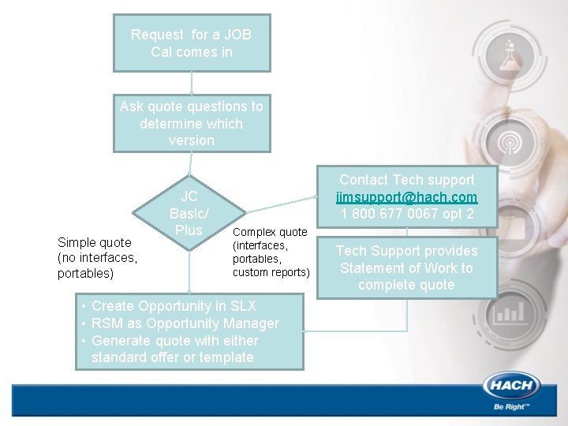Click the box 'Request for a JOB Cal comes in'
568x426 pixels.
click(x=192, y=43)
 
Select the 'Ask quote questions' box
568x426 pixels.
click(x=192, y=123)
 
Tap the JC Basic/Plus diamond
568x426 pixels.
click(x=189, y=213)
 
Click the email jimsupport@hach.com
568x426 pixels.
click(x=406, y=197)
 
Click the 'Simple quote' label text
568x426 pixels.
click(x=95, y=243)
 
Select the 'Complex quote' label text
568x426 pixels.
click(x=270, y=232)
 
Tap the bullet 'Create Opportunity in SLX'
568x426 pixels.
click(x=174, y=306)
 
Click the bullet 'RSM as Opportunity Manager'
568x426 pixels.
click(x=185, y=323)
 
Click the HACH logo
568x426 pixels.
click(x=510, y=387)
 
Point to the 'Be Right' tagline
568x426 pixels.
click(x=510, y=407)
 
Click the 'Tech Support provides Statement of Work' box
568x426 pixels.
click(x=407, y=268)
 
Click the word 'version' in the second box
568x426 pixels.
click(x=192, y=140)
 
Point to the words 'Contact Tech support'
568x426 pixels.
click(x=406, y=180)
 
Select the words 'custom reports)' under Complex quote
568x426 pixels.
click(x=271, y=272)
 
